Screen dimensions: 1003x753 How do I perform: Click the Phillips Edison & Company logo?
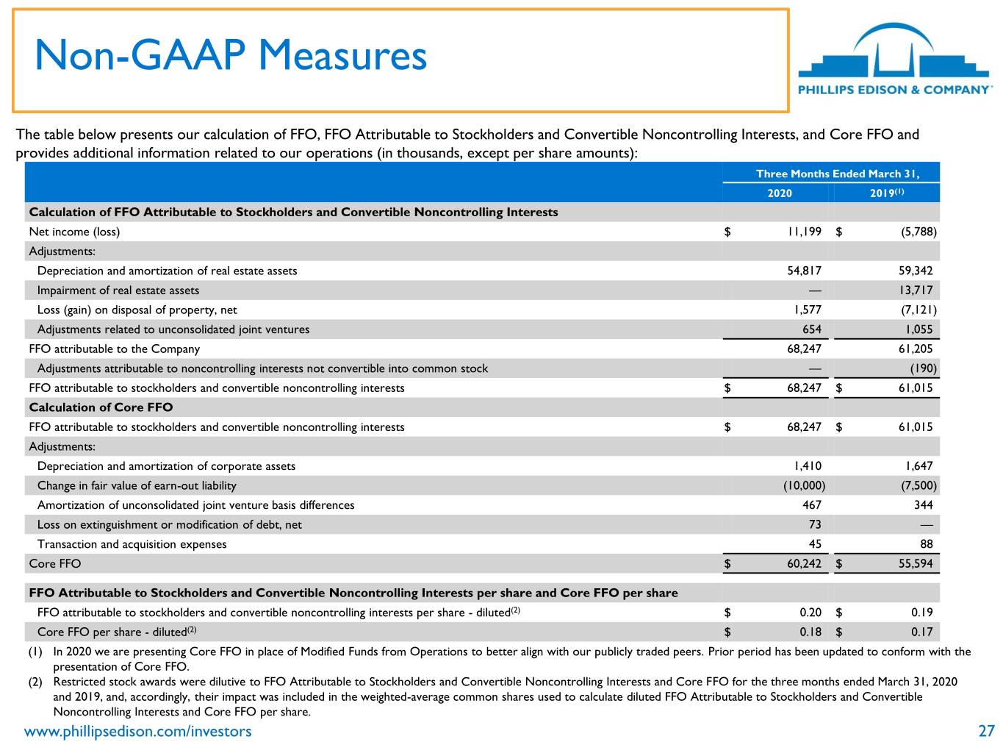[x=895, y=59]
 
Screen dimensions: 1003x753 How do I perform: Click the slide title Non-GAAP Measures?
[x=231, y=55]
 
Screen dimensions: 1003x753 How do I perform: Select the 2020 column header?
[x=779, y=193]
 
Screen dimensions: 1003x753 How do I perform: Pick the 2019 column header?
[x=886, y=193]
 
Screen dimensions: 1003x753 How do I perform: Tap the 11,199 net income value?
[x=804, y=232]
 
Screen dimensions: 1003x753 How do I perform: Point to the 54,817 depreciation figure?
[x=804, y=271]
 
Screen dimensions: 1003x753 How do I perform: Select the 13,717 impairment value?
[x=916, y=290]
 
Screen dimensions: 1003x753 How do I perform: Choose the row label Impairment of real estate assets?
[x=118, y=290]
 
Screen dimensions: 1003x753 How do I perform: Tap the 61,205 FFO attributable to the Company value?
[x=916, y=349]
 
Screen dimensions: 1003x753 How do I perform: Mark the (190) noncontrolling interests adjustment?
[x=923, y=368]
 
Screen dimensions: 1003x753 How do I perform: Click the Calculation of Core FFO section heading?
[x=101, y=407]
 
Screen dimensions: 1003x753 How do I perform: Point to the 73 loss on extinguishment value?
[x=815, y=524]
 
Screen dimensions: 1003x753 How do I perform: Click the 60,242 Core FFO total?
[x=804, y=564]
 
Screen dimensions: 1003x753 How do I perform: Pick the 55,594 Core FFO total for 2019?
[x=916, y=564]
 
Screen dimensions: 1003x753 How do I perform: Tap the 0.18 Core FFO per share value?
[x=810, y=632]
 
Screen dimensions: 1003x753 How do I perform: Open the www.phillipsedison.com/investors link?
[x=137, y=732]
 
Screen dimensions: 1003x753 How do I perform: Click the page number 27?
[x=986, y=731]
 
